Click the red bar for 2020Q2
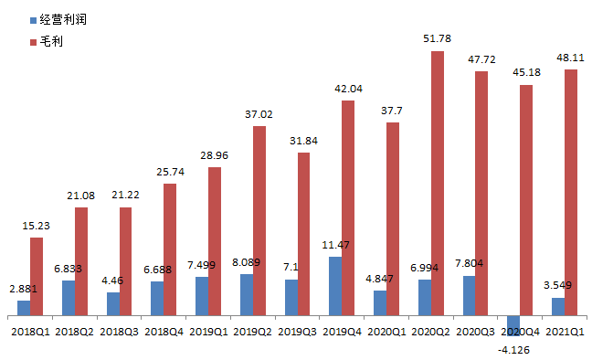point(438,184)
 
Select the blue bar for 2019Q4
point(335,286)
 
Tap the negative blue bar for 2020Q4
point(513,325)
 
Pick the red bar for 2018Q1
point(37,277)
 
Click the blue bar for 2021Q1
point(558,306)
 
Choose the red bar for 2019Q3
point(304,234)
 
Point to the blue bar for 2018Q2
point(69,298)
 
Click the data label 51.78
point(438,38)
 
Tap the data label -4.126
point(513,350)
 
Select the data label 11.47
point(335,245)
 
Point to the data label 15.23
point(36,226)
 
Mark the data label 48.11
point(570,58)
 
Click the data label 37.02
point(259,114)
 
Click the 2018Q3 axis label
point(119,332)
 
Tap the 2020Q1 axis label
point(386,332)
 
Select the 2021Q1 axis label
point(565,332)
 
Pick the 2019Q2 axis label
point(252,332)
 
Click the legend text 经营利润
point(63,19)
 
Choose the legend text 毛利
point(51,41)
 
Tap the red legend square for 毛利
point(33,41)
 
